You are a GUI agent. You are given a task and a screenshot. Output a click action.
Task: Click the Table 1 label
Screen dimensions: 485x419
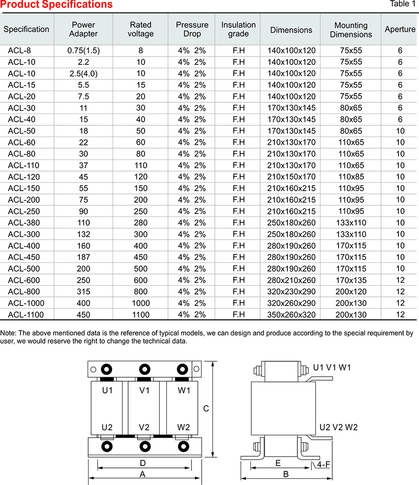[403, 4]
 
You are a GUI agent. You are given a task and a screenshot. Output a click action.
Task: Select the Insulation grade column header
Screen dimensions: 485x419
[238, 29]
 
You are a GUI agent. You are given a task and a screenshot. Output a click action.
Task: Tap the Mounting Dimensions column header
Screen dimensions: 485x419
[351, 30]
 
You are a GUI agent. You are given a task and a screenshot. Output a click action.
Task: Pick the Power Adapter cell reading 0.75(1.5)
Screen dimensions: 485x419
[83, 51]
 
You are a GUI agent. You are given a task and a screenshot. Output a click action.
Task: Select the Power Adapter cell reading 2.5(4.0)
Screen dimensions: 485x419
[83, 74]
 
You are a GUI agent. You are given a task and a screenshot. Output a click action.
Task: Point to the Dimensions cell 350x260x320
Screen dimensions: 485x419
[291, 315]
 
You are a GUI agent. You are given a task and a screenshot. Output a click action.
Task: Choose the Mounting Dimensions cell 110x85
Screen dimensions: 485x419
[351, 177]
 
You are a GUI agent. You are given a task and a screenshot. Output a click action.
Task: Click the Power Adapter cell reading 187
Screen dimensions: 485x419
[83, 257]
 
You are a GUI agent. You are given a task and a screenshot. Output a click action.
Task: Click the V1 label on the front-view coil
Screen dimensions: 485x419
[144, 390]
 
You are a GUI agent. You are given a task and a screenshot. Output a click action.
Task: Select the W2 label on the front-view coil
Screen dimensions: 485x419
[183, 427]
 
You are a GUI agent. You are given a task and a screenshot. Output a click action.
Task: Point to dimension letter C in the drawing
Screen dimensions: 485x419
[206, 409]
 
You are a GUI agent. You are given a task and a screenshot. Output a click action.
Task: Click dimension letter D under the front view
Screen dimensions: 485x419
[143, 463]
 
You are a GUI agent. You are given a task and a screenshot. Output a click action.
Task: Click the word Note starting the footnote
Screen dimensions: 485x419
[8, 333]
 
